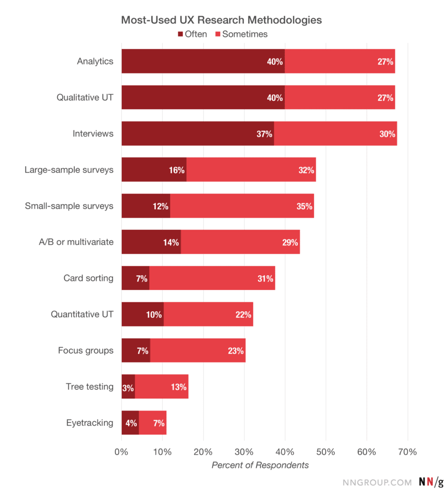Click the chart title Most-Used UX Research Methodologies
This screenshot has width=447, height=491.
(x=221, y=20)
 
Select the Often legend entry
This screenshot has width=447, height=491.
(x=192, y=34)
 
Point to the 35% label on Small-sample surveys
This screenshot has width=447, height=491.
(x=305, y=206)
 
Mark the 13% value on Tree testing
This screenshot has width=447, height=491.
(x=178, y=387)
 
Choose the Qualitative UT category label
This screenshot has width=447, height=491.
(x=85, y=97)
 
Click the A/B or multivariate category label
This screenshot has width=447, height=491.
(x=76, y=242)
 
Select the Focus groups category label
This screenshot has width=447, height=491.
(x=86, y=351)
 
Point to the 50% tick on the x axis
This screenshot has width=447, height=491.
(x=326, y=452)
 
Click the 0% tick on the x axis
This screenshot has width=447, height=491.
(x=121, y=452)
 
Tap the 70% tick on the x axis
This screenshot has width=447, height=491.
(x=407, y=452)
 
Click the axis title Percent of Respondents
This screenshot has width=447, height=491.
(x=260, y=465)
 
